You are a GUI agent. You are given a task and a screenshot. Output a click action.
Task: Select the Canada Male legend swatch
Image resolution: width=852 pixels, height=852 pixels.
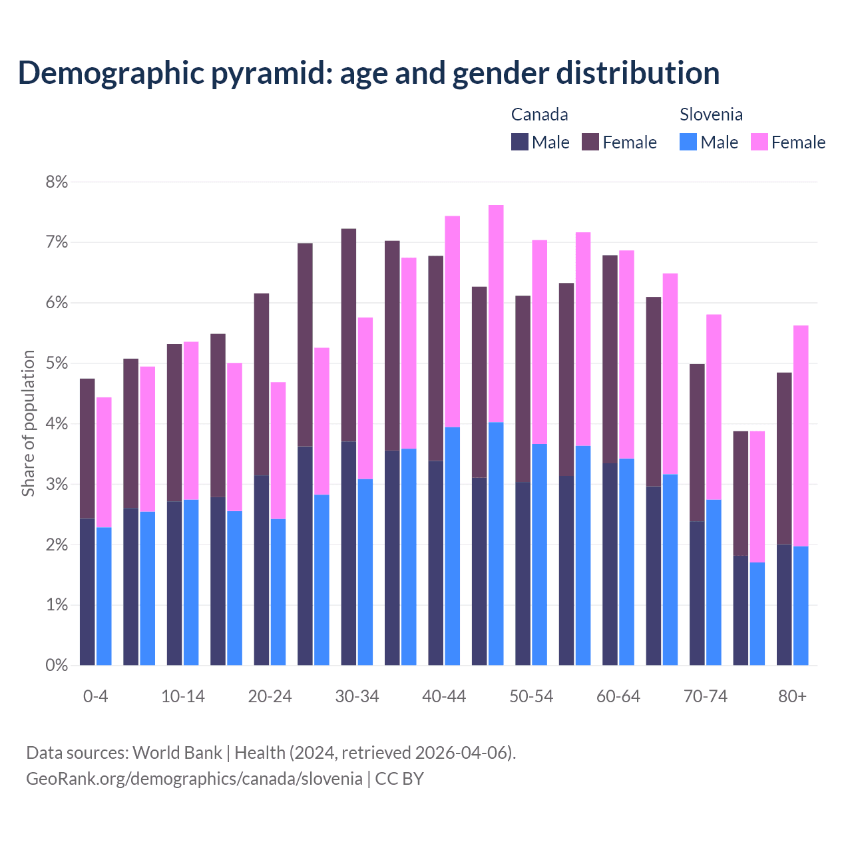(x=519, y=142)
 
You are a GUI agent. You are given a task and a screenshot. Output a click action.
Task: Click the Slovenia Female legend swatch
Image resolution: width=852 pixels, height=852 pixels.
(x=759, y=142)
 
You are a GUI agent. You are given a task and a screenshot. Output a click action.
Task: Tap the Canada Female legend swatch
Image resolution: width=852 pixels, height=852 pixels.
(x=590, y=142)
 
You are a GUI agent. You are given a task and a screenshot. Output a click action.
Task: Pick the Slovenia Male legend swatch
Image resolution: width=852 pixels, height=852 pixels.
(x=688, y=142)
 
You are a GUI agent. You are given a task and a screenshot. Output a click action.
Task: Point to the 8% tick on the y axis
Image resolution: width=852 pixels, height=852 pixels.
(x=57, y=182)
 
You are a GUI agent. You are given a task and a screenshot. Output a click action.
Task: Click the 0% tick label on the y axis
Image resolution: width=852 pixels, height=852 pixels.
(x=57, y=665)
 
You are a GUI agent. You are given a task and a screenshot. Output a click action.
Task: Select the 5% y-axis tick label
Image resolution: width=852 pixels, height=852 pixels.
(x=57, y=363)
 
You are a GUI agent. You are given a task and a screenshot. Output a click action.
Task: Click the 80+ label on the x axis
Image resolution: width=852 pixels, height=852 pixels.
(x=792, y=696)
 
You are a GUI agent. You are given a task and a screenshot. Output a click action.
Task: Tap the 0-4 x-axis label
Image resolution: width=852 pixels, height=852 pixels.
(x=95, y=696)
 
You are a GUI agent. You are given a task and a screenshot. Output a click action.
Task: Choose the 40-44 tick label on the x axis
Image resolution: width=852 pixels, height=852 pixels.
(x=444, y=696)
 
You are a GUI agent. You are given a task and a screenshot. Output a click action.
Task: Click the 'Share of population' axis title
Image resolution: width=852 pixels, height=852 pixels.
(x=28, y=423)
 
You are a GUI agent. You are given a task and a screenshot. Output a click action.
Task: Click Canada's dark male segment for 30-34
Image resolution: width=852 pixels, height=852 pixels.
(x=348, y=552)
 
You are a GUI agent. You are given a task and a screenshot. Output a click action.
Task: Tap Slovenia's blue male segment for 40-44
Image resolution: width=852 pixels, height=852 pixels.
(x=453, y=546)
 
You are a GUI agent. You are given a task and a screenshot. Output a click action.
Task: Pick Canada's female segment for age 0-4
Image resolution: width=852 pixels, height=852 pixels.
(x=87, y=448)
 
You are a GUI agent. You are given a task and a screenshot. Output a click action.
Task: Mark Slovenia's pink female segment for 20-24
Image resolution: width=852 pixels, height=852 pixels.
(x=278, y=451)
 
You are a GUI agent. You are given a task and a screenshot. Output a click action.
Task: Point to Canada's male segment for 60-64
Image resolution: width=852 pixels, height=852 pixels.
(x=610, y=564)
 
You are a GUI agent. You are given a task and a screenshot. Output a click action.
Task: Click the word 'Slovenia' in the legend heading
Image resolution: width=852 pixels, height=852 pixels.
(x=711, y=114)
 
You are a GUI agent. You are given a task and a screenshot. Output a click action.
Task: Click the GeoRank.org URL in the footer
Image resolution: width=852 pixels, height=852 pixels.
(x=194, y=778)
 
